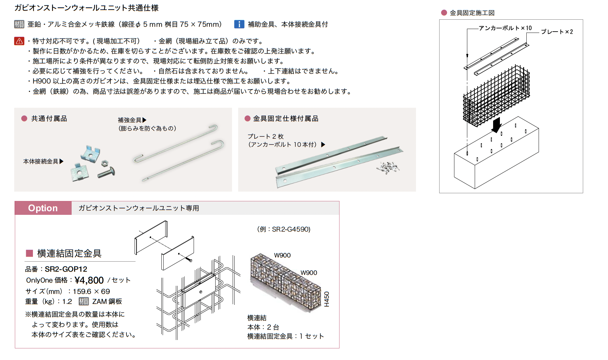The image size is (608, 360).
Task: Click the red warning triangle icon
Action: click(x=19, y=41)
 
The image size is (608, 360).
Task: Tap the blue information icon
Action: click(x=239, y=24)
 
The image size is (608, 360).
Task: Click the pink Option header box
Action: click(x=43, y=208)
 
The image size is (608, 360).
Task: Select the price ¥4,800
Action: click(x=89, y=280)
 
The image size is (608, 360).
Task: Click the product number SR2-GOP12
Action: click(x=66, y=269)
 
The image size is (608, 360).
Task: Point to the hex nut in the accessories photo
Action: click(x=104, y=163)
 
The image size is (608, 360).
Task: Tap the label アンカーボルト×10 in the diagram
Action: click(x=505, y=28)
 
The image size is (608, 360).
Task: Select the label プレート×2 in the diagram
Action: click(x=557, y=32)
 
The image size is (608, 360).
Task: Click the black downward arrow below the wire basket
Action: click(x=496, y=125)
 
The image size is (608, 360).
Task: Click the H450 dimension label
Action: click(x=327, y=299)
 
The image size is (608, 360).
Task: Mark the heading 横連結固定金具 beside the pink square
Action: click(x=69, y=254)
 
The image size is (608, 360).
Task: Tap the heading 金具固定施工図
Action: click(x=472, y=13)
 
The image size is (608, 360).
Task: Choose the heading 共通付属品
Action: click(x=49, y=119)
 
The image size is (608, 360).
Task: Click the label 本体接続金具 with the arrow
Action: click(x=41, y=161)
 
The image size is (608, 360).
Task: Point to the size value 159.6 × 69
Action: click(x=91, y=291)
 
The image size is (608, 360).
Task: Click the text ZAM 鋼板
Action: click(x=107, y=301)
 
